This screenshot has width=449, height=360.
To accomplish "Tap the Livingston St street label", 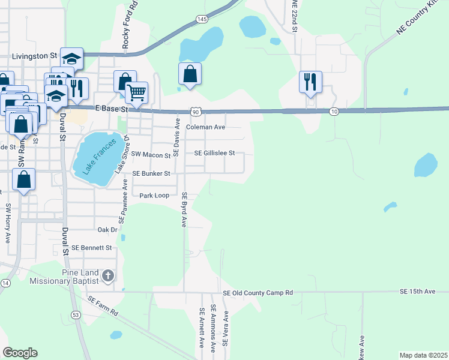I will tap(28, 56).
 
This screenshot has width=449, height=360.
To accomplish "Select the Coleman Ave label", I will tap(205, 127).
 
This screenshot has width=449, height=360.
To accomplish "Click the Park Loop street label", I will tap(154, 196).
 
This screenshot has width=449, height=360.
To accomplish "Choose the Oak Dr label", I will tap(106, 230).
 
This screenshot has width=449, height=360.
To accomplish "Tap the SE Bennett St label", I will tap(92, 247).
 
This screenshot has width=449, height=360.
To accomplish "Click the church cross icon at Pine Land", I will tap(107, 276).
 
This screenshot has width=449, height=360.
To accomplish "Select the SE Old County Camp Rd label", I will tap(258, 293).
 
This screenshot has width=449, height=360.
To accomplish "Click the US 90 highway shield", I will tap(195, 112).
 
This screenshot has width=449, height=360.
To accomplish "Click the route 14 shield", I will tap(5, 283).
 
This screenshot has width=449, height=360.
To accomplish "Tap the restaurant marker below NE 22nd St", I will tap(310, 82).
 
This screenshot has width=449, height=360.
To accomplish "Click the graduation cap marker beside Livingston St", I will tap(71, 59).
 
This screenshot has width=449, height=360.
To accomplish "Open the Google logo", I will tap(20, 352).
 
